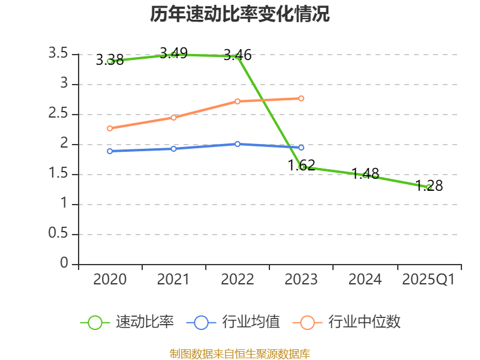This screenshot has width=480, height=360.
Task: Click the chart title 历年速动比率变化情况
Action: (x=240, y=14)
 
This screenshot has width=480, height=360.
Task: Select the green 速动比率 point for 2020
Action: (x=110, y=61)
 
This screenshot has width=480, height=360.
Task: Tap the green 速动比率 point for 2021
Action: (x=174, y=55)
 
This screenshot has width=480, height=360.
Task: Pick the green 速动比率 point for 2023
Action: (x=302, y=167)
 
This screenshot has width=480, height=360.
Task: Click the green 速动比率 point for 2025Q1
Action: (x=429, y=187)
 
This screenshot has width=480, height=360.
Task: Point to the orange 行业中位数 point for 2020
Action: (x=110, y=128)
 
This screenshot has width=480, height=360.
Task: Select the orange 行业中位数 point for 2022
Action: (x=238, y=101)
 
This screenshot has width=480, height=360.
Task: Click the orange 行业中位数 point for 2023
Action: (x=301, y=98)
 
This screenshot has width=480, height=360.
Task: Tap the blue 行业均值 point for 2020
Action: (x=110, y=151)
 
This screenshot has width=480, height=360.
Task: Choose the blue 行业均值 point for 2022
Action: (x=238, y=144)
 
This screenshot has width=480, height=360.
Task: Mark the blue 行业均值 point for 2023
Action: (x=301, y=148)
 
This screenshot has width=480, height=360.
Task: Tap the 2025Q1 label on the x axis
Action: (x=428, y=280)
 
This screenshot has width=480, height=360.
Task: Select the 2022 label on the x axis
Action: (x=238, y=280)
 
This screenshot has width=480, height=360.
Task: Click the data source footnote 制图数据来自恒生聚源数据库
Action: (x=240, y=353)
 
